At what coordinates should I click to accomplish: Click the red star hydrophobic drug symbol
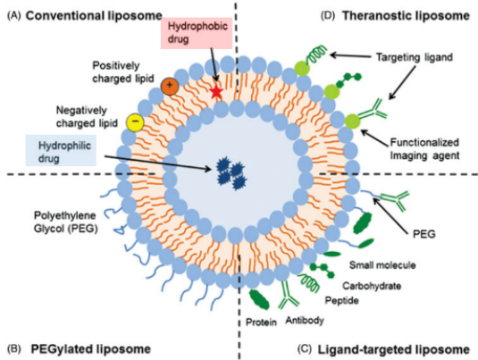(217, 92)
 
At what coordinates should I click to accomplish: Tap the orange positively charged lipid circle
(170, 87)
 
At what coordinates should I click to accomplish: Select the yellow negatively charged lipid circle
(135, 122)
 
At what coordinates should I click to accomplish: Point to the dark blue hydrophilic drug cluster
(231, 174)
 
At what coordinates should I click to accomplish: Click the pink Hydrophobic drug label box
(197, 33)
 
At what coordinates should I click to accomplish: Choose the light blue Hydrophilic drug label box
(61, 151)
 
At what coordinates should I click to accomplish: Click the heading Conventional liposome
(94, 16)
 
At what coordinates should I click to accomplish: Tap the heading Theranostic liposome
(406, 15)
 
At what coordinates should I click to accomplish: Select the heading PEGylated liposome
(91, 349)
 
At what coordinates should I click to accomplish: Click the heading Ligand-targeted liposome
(393, 349)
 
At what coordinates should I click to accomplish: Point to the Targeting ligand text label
(415, 57)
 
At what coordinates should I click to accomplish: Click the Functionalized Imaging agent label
(424, 149)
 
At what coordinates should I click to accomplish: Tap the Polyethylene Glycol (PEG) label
(65, 222)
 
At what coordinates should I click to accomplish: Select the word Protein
(261, 322)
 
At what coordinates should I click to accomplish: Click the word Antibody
(305, 321)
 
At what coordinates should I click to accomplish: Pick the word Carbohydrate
(372, 286)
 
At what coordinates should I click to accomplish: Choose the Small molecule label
(382, 265)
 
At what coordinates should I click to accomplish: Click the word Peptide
(341, 300)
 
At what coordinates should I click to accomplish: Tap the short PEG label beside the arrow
(424, 234)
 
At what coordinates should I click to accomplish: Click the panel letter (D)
(328, 15)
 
